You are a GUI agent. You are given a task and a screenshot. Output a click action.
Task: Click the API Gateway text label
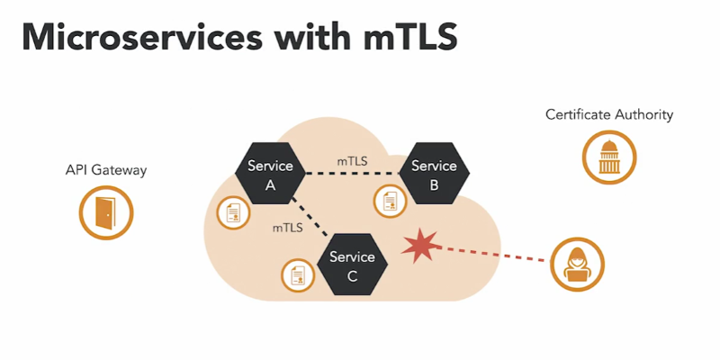coord(106,170)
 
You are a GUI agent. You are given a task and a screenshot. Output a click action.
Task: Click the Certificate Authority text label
coord(609,115)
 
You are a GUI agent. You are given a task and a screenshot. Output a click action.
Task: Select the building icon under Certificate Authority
coord(608,159)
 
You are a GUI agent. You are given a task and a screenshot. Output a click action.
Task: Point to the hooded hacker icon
coord(577,264)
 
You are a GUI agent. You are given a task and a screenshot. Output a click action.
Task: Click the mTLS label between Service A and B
coord(352,160)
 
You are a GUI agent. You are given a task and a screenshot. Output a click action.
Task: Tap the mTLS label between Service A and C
coord(287,229)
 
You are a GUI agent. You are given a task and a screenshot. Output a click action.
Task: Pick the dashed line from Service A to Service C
coord(308,220)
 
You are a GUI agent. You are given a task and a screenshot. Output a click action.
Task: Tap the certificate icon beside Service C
coord(296,274)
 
